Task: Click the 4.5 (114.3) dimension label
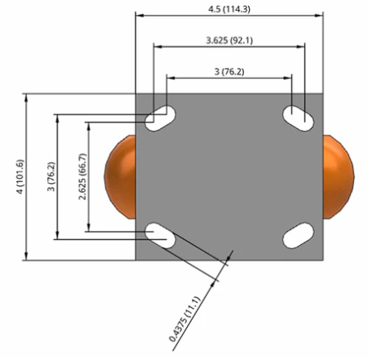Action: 229,9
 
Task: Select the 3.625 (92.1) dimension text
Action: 229,41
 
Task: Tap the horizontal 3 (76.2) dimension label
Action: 229,72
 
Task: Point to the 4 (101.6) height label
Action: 21,176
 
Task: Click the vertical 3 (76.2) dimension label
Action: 51,176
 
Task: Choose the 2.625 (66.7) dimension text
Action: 83,176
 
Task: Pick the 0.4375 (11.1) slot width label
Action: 184,319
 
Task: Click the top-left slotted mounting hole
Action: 161,118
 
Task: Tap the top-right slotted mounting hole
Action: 298,118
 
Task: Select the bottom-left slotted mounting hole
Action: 161,235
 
